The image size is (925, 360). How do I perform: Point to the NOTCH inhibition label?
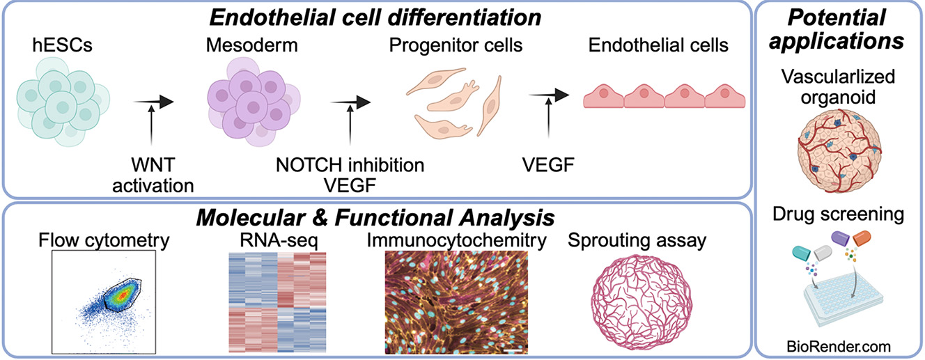point(349,166)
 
